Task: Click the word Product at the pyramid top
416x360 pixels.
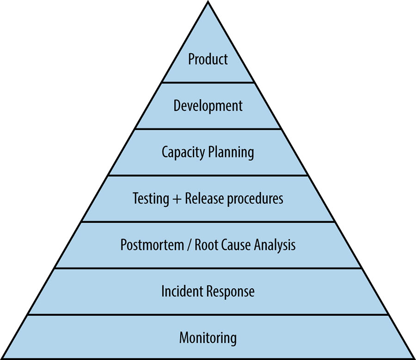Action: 208,59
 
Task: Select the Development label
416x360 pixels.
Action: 208,105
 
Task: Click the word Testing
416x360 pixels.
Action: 151,199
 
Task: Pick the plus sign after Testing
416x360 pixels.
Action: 177,199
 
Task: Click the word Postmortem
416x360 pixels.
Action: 149,244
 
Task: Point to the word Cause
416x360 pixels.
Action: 237,244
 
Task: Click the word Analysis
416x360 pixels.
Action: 275,244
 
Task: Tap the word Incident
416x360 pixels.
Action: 182,291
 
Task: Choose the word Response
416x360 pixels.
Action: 230,292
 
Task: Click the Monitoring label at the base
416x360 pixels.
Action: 208,337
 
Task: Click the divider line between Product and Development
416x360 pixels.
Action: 208,83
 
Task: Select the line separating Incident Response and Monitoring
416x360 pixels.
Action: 208,315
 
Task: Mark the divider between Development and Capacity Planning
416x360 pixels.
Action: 208,129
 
